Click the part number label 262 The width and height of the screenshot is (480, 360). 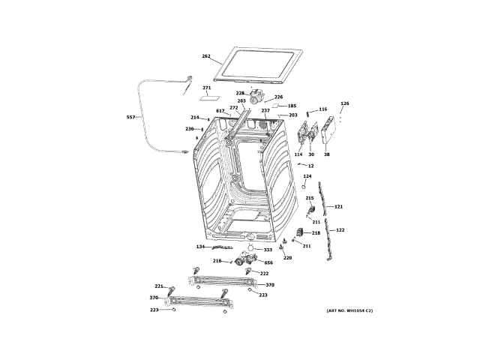pyautogui.click(x=206, y=56)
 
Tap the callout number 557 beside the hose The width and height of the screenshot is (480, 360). pyautogui.click(x=130, y=118)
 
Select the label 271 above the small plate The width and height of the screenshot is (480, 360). pyautogui.click(x=207, y=88)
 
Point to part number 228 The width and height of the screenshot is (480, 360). pyautogui.click(x=240, y=93)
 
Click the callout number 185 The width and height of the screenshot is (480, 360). pyautogui.click(x=292, y=106)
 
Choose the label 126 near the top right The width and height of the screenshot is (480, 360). pyautogui.click(x=345, y=103)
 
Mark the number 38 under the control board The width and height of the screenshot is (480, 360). pyautogui.click(x=326, y=154)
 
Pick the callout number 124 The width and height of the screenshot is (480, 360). pyautogui.click(x=307, y=176)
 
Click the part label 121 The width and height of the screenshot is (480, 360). pyautogui.click(x=338, y=206)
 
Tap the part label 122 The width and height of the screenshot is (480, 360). pyautogui.click(x=340, y=230)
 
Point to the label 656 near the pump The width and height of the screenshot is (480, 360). pyautogui.click(x=268, y=262)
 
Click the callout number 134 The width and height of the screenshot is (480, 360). pyautogui.click(x=201, y=247)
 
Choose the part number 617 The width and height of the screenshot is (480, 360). pyautogui.click(x=220, y=112)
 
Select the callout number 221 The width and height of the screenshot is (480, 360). pyautogui.click(x=159, y=286)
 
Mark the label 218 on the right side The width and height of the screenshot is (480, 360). pyautogui.click(x=316, y=233)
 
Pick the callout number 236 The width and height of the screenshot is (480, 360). pyautogui.click(x=190, y=129)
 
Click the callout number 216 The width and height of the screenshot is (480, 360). pyautogui.click(x=217, y=261)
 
